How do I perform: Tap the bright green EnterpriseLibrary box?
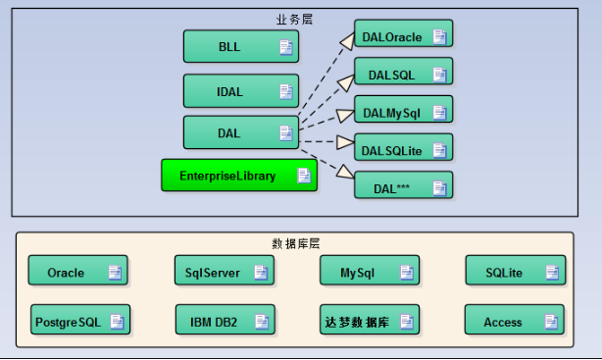click(238, 176)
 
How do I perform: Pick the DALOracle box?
click(403, 35)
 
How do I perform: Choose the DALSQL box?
click(403, 74)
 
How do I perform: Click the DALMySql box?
click(403, 112)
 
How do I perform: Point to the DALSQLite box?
click(403, 149)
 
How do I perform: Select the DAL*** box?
click(403, 185)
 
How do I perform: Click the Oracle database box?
click(77, 272)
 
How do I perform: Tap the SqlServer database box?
click(223, 272)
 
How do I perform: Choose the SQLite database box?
click(515, 272)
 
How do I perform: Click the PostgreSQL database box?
click(79, 320)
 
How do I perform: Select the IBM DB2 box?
click(223, 320)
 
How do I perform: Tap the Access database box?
click(515, 320)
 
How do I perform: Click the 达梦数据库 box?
click(370, 320)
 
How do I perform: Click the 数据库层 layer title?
click(295, 242)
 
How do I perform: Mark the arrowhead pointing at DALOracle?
click(346, 40)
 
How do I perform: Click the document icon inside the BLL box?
click(285, 47)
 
